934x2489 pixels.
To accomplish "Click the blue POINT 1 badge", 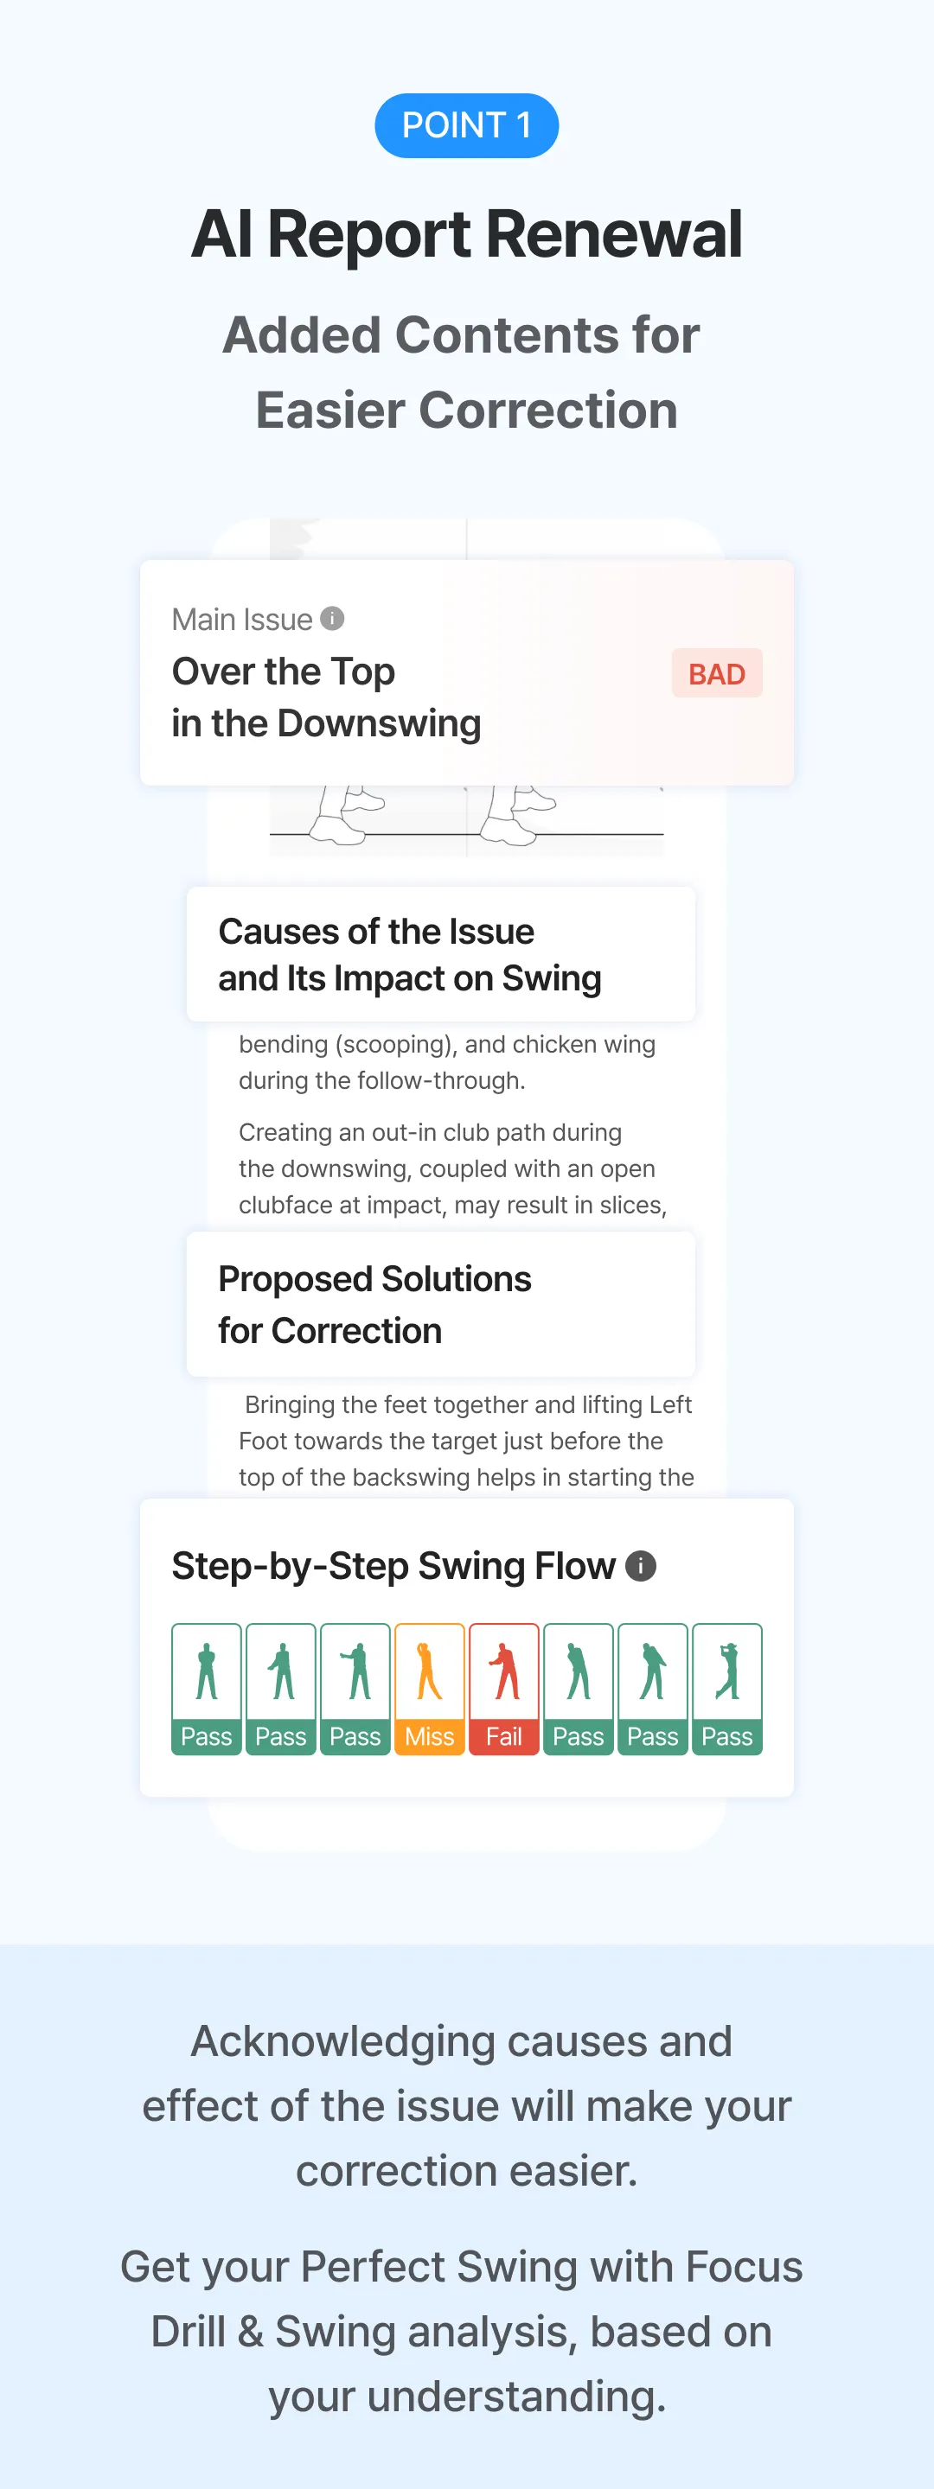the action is click(467, 125).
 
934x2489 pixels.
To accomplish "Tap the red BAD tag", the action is click(716, 673).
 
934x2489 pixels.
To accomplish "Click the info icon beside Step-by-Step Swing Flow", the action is click(641, 1565).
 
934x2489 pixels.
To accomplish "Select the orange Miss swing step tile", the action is click(429, 1689).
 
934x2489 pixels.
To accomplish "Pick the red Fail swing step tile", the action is click(503, 1689).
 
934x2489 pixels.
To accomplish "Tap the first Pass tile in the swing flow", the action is click(207, 1689).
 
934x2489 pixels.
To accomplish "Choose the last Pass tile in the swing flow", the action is click(727, 1689).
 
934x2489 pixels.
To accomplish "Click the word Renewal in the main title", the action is click(614, 234).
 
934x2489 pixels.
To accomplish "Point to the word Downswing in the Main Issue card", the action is click(379, 723).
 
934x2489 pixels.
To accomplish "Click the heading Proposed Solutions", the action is click(375, 1278).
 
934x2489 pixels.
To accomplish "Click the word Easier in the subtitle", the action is click(329, 410).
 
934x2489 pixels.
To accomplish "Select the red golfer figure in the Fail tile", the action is click(503, 1671).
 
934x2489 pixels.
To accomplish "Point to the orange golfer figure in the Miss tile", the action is click(428, 1671).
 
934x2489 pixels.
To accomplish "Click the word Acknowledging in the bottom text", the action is click(342, 2041).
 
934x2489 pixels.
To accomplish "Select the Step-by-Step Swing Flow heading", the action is click(393, 1565).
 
